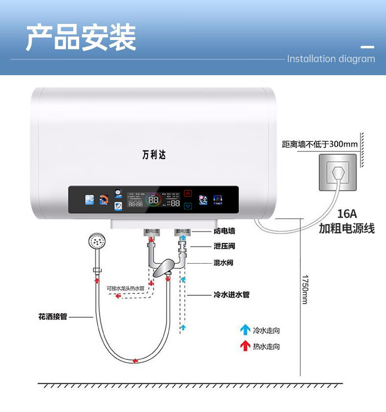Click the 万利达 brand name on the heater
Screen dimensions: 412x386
point(154,155)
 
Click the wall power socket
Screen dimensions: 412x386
point(338,172)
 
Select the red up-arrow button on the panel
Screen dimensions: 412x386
point(188,193)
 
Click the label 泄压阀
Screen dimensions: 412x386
point(224,246)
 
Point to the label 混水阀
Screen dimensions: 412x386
point(223,263)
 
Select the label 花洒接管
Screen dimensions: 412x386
point(53,316)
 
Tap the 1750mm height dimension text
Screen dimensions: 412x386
point(304,290)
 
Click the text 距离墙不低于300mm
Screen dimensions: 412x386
point(320,144)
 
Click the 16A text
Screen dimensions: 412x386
point(347,214)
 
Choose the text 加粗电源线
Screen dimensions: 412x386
point(347,228)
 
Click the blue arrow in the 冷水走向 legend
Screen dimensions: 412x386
point(245,330)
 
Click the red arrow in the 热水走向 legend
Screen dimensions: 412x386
point(245,346)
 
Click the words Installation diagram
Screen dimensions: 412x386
point(331,59)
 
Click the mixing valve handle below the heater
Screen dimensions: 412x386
point(164,268)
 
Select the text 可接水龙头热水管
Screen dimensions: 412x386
point(126,288)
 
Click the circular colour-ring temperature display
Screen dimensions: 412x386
point(153,199)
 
